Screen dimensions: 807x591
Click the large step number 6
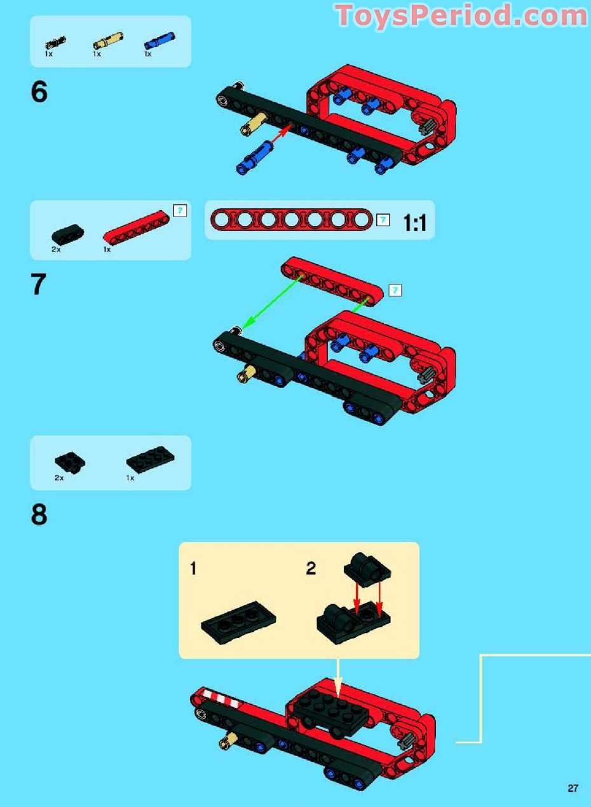pyautogui.click(x=39, y=93)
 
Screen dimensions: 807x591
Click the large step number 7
pyautogui.click(x=39, y=285)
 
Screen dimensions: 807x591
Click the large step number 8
pyautogui.click(x=39, y=515)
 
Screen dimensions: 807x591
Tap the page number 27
pyautogui.click(x=573, y=789)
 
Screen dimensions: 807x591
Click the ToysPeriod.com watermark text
pyautogui.click(x=461, y=15)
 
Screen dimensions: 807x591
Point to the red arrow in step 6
pyautogui.click(x=280, y=135)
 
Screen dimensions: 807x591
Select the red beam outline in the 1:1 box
pyautogui.click(x=291, y=220)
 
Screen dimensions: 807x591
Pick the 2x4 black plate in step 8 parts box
pyautogui.click(x=151, y=460)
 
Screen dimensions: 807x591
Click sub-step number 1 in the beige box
pyautogui.click(x=193, y=568)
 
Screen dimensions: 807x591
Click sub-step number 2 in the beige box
pyautogui.click(x=311, y=568)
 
